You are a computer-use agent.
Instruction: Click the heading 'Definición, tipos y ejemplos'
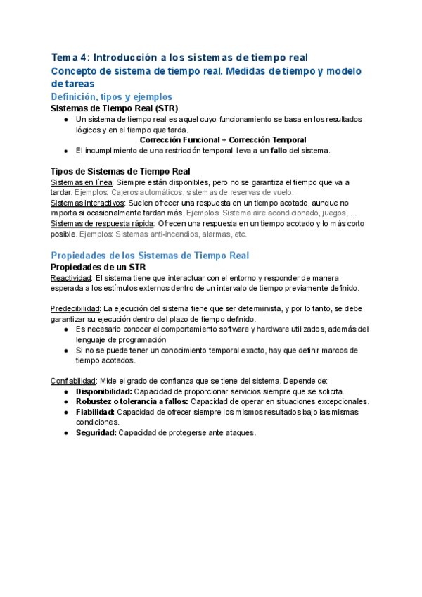pos(112,96)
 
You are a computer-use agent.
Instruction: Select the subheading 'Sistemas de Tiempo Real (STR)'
pos(115,108)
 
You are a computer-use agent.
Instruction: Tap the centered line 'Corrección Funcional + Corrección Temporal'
pos(223,139)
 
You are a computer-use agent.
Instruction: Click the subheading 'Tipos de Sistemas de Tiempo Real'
pos(120,172)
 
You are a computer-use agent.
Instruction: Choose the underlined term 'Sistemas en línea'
pos(81,182)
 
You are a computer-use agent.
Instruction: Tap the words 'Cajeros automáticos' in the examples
pos(147,192)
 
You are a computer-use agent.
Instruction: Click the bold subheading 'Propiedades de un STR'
pos(98,268)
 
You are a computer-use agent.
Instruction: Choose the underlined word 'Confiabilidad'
pos(75,381)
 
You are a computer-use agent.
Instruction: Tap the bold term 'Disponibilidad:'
pos(103,391)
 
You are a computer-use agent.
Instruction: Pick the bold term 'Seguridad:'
pos(96,432)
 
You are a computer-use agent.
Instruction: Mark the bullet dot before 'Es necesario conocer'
pos(65,329)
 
